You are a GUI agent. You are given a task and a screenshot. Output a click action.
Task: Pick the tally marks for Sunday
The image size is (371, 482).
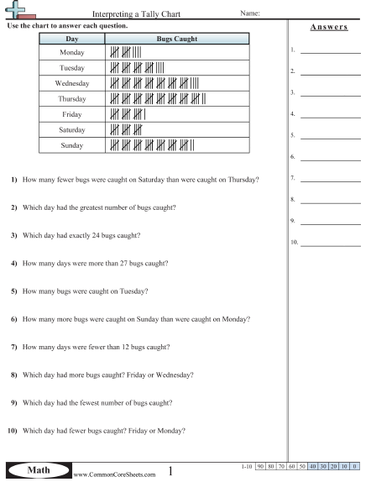[x=152, y=144]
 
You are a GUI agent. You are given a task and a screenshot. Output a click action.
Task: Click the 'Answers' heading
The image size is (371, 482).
[x=329, y=26]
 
